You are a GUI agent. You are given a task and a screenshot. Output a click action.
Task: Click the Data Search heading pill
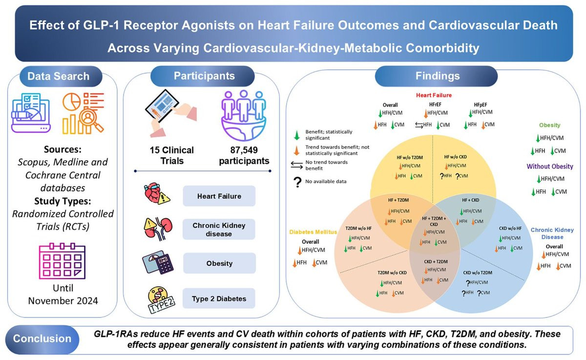58,77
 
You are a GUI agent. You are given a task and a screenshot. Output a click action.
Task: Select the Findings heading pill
437,77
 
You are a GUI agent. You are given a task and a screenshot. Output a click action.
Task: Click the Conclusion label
42,339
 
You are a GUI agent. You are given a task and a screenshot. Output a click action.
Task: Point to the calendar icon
62,263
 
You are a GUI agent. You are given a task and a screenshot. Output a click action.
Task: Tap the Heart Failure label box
219,196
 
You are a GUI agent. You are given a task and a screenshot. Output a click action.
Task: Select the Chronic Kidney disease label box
219,230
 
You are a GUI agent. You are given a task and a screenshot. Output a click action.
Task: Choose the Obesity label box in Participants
219,263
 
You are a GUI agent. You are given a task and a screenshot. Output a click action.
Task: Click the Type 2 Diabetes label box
219,298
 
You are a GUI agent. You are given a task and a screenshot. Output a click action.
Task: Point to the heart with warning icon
157,196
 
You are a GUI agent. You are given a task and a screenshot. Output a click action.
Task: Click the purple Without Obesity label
550,167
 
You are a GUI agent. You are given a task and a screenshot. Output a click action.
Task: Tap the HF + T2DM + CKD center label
433,220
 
